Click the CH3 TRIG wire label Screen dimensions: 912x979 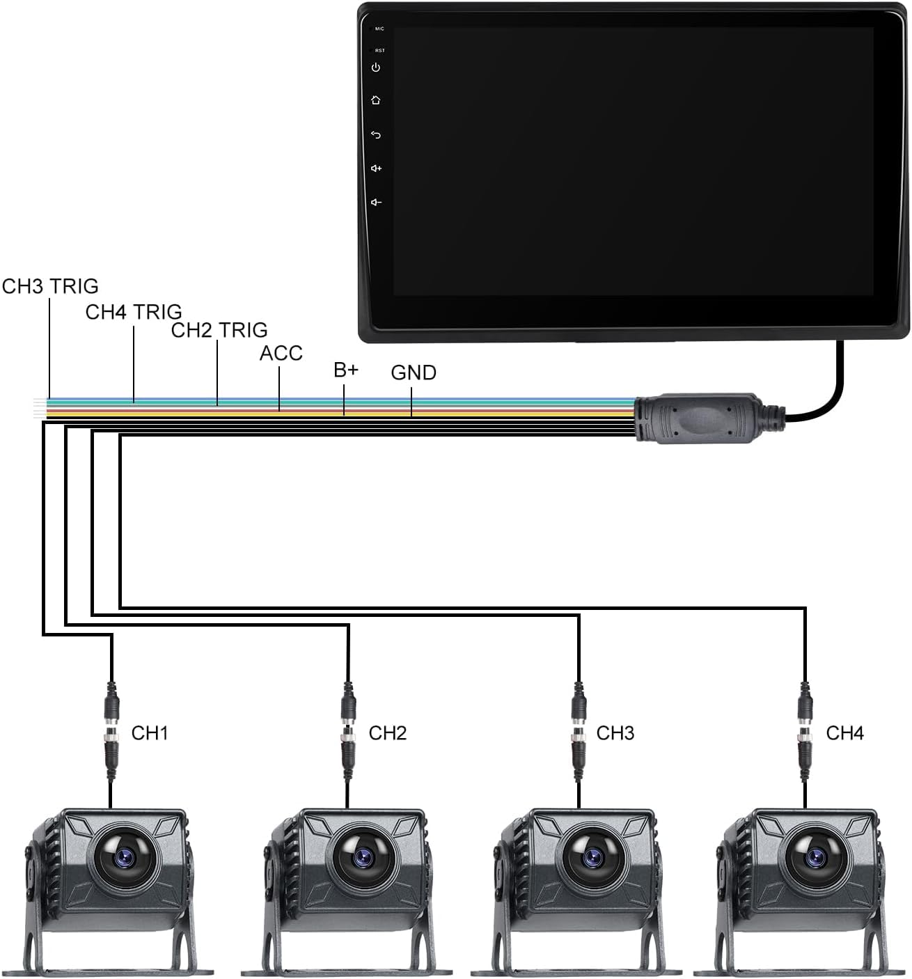click(50, 286)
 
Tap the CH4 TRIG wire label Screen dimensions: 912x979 click(134, 312)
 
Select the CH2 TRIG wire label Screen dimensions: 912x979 click(219, 330)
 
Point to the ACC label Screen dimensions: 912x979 click(281, 353)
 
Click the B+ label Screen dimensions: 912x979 click(346, 370)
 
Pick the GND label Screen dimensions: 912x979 click(413, 373)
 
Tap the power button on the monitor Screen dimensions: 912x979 click(376, 68)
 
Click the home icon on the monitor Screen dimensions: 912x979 click(376, 100)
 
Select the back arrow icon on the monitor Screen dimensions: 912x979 click(376, 134)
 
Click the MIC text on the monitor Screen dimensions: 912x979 click(379, 29)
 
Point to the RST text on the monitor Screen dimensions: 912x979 click(379, 50)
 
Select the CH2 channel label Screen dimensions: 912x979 click(388, 733)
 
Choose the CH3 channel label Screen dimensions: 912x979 click(615, 733)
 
